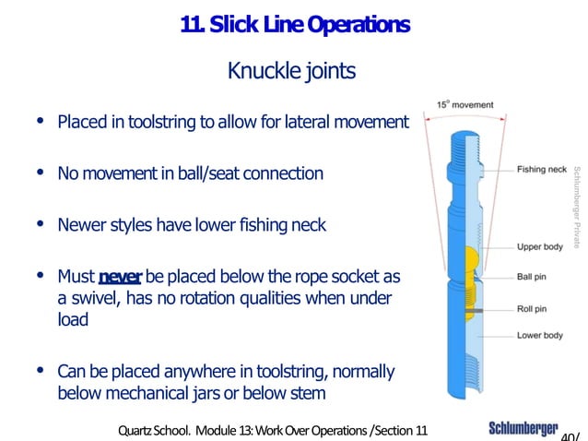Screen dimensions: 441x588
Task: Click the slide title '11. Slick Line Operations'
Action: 295,27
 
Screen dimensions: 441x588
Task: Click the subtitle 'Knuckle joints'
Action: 290,71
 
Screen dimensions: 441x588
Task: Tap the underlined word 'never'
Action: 119,277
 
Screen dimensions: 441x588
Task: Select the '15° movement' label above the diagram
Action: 465,105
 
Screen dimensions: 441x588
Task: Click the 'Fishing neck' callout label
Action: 542,170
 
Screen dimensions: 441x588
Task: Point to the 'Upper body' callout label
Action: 540,247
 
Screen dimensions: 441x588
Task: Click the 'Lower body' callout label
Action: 540,335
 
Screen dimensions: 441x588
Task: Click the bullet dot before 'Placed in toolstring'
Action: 39,121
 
